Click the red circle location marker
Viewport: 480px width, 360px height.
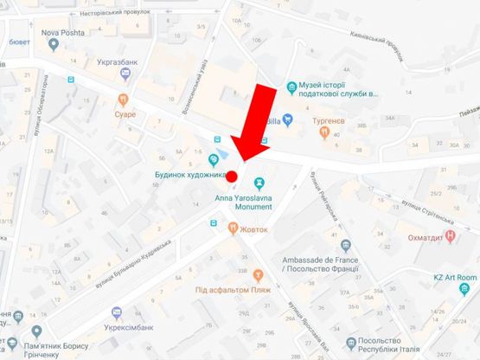point(231,177)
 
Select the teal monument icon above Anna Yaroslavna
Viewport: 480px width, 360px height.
point(259,183)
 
